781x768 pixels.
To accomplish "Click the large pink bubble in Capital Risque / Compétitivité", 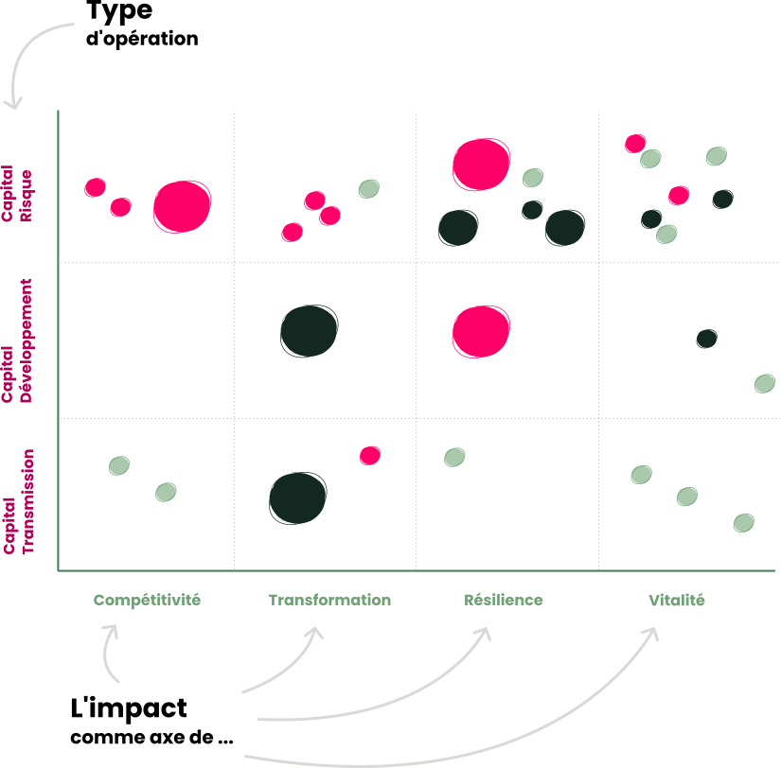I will coord(182,206).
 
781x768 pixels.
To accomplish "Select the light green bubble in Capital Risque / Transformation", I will coord(369,189).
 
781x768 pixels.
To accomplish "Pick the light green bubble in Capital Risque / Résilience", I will coord(533,178).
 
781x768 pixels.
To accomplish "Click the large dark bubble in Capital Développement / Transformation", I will coord(310,331).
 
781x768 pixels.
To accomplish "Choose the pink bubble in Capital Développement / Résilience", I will coord(481,331).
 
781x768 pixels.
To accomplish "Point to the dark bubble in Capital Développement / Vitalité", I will coord(706,339).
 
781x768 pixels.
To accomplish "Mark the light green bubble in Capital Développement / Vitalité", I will coord(765,383).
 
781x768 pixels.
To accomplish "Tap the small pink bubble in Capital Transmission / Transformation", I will coord(370,456).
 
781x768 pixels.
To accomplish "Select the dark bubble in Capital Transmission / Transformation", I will coord(298,498).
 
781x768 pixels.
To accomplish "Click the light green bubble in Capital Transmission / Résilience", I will coord(454,458).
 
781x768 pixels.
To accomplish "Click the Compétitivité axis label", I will coord(148,600).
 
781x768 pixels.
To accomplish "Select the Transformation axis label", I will coord(329,600).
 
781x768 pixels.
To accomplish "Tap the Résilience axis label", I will coord(504,600).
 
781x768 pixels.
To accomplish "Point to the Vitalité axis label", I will coord(677,600).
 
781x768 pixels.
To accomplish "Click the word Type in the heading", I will coord(118,13).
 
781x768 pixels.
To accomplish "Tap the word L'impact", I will coord(129,708).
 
